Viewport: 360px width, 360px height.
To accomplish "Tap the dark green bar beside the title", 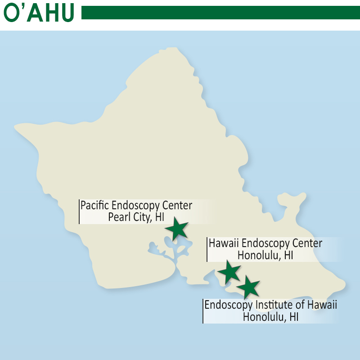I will point(220,13).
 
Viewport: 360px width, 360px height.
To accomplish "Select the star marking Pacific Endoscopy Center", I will point(176,229).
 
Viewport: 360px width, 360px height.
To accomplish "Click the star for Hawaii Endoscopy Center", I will point(229,272).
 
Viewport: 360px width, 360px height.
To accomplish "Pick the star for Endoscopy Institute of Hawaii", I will point(248,287).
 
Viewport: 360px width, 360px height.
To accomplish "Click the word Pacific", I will point(95,206).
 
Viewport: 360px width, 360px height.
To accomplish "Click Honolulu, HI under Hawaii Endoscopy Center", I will point(265,255).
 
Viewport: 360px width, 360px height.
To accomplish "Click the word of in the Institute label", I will point(301,304).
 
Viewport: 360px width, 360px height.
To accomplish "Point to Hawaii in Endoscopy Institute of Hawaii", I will point(323,304).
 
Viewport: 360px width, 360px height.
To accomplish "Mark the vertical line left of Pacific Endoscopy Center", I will point(79,211).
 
